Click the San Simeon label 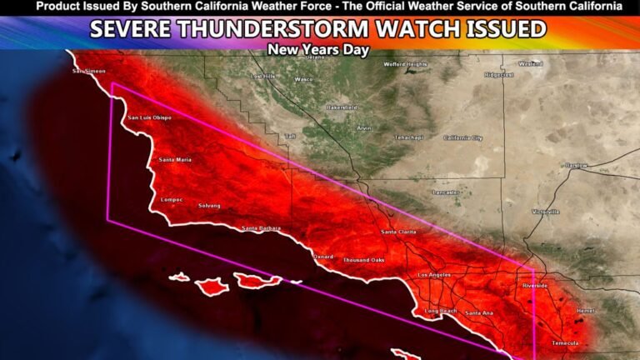(89, 71)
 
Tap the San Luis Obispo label (149, 118)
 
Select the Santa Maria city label (176, 159)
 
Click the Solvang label (210, 205)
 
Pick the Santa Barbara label (261, 228)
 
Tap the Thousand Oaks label (363, 260)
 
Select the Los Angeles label (433, 274)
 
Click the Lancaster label (446, 192)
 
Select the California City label (462, 137)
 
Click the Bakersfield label (342, 107)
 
